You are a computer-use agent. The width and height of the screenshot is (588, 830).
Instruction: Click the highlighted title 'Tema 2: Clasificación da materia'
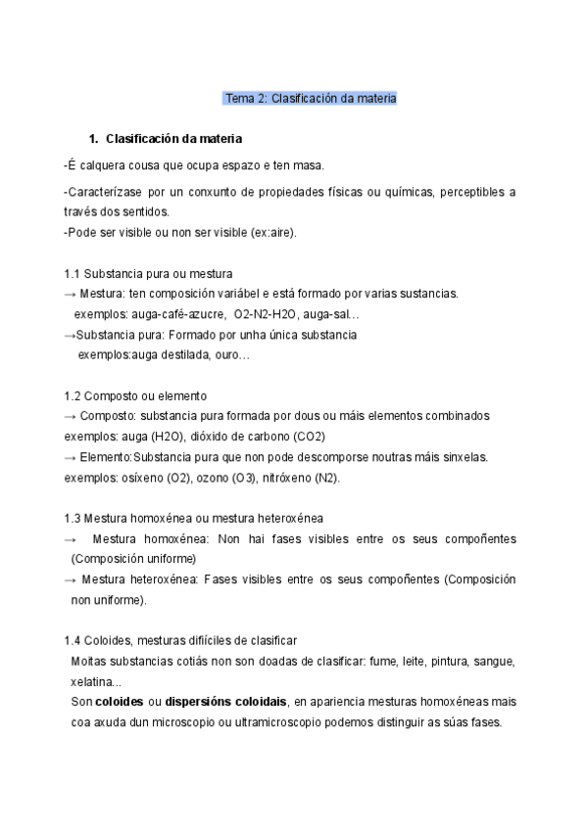311,99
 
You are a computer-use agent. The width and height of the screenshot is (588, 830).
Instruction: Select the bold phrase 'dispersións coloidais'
225,702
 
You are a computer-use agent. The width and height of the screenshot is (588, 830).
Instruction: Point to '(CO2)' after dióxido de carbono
308,436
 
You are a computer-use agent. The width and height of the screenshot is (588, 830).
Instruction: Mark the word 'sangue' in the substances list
494,661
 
